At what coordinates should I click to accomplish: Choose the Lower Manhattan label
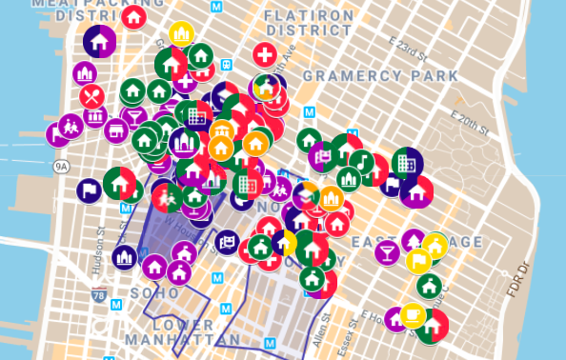[x=183, y=332]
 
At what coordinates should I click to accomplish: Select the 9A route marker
[x=62, y=166]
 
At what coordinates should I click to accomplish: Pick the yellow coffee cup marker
[x=413, y=313]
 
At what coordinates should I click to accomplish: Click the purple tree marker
[x=414, y=240]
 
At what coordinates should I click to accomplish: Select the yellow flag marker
[x=418, y=259]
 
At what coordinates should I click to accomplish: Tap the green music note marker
[x=361, y=161]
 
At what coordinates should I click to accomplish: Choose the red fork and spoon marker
[x=92, y=96]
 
